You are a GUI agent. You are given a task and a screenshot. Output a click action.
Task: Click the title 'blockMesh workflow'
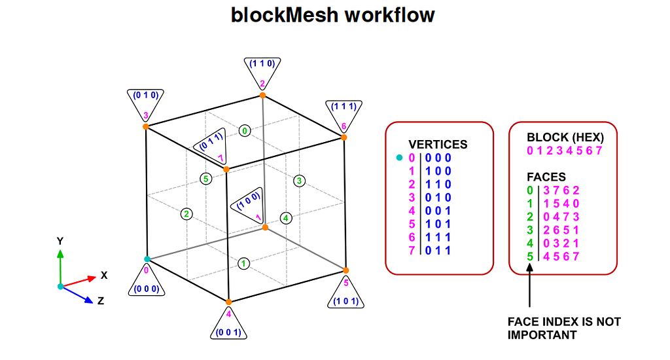pos(333,15)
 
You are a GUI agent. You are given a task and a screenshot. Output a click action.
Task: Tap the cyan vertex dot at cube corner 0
pos(147,259)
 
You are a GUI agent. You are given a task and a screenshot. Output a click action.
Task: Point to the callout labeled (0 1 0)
pos(145,102)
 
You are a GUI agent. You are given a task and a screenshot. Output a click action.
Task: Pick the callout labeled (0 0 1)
pos(228,325)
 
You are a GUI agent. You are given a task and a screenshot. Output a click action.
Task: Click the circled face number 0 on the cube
pos(245,131)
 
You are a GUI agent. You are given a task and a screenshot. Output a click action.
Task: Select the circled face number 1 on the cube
pos(244,263)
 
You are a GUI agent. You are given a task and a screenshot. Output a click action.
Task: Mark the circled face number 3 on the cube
pos(300,181)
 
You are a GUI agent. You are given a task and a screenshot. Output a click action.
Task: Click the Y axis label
pos(60,241)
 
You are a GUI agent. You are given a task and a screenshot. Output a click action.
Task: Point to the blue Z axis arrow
pos(77,295)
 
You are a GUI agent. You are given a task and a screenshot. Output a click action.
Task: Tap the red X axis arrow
pos(79,281)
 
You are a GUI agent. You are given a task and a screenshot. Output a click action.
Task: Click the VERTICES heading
pos(438,145)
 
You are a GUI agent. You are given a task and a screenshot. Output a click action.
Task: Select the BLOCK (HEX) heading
pos(565,138)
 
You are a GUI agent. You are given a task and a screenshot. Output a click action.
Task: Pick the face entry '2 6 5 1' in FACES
pos(561,230)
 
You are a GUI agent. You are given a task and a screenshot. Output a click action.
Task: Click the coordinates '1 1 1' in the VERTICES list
pos(438,236)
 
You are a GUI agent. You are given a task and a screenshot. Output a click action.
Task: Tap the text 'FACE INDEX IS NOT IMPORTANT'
pos(564,328)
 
